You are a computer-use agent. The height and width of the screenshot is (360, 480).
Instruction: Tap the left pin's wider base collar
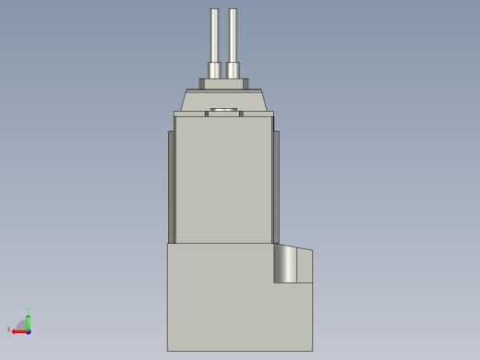[214, 70]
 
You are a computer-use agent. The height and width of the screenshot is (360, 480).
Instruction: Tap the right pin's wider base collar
[233, 70]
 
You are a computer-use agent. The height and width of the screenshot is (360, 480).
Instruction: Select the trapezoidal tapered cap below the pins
[224, 100]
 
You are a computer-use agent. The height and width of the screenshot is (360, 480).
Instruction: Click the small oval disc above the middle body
[224, 111]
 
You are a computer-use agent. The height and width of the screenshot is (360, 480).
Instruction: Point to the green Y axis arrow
[29, 320]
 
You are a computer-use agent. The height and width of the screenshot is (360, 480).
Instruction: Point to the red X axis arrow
[19, 330]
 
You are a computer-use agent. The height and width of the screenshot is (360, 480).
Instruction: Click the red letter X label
[9, 329]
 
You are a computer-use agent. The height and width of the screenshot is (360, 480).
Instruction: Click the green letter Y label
[29, 310]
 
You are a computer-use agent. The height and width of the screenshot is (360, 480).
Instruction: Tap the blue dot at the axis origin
[29, 330]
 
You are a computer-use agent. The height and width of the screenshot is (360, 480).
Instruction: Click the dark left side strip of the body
[171, 185]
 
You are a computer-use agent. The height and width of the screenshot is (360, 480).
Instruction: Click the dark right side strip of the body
[276, 185]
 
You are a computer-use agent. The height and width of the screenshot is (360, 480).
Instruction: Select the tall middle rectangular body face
[223, 180]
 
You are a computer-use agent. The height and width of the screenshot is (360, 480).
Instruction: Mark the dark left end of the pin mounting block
[202, 84]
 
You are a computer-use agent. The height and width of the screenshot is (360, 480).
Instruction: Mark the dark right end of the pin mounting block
[246, 84]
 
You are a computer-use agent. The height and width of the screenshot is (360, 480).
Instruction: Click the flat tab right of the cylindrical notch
[306, 265]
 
